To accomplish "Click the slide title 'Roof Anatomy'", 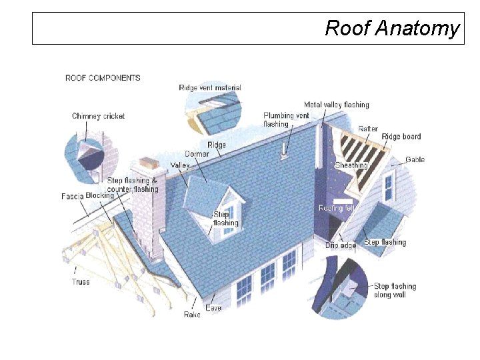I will pyautogui.click(x=391, y=29).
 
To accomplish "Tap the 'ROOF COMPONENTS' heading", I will pyautogui.click(x=103, y=78).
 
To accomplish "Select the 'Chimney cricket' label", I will pyautogui.click(x=98, y=116).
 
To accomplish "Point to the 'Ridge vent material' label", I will pyautogui.click(x=210, y=88).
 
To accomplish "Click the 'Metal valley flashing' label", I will pyautogui.click(x=336, y=105).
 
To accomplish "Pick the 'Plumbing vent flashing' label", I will pyautogui.click(x=286, y=119).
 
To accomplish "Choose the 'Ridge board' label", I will pyautogui.click(x=401, y=137).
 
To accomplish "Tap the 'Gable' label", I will pyautogui.click(x=415, y=160).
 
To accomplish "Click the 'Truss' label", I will pyautogui.click(x=81, y=282).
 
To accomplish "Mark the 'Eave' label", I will pyautogui.click(x=213, y=308).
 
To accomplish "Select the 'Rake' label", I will pyautogui.click(x=192, y=314).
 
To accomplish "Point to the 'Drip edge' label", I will pyautogui.click(x=340, y=245).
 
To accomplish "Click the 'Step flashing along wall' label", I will pyautogui.click(x=395, y=291).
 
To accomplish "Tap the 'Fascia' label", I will pyautogui.click(x=72, y=197).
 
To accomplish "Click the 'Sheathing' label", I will pyautogui.click(x=351, y=165).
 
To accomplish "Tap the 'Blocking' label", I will pyautogui.click(x=100, y=195).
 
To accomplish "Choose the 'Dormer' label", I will pyautogui.click(x=197, y=154).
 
